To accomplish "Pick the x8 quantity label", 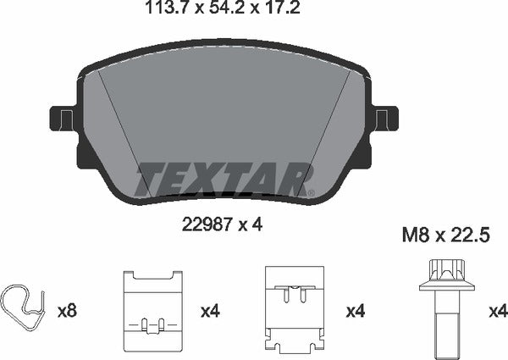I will tap(66, 312).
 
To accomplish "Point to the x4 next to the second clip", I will tap(210, 312).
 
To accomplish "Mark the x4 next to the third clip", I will tap(356, 312).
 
